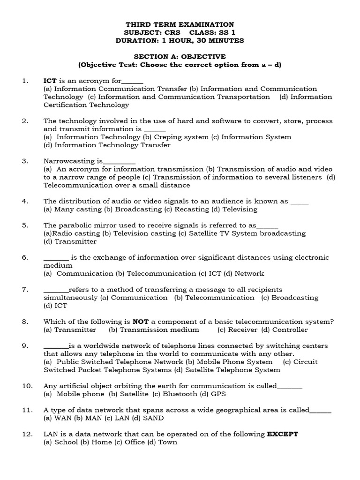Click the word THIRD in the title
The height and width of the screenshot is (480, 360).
click(x=138, y=24)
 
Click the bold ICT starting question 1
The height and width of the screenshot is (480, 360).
click(x=50, y=81)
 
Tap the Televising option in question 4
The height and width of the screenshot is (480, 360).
click(x=240, y=209)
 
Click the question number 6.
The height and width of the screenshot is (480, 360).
click(x=25, y=257)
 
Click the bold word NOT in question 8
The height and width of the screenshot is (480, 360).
click(x=140, y=322)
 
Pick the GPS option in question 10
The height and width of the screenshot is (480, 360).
click(x=217, y=394)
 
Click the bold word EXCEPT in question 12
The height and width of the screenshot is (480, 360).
click(x=282, y=434)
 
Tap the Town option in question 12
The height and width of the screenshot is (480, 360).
click(x=167, y=442)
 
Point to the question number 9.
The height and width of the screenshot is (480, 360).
click(x=25, y=346)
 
